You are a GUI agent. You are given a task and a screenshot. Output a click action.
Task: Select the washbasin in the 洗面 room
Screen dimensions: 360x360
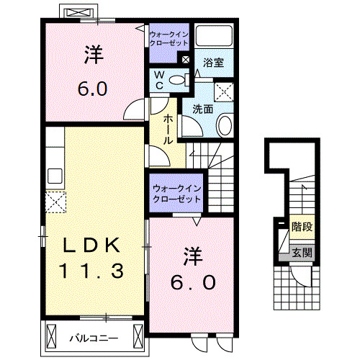coord(224,126)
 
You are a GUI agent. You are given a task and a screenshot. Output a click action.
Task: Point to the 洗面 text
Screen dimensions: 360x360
coord(202,109)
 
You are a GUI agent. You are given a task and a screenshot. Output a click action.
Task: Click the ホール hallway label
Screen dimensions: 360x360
coord(167,130)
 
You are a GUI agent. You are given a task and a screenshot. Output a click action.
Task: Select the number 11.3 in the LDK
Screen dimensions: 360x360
coord(92,271)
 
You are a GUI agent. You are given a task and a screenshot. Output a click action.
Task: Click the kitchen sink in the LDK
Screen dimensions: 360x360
coord(55,176)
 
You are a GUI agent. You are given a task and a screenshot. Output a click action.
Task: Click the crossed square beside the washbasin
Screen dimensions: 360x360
coord(224,91)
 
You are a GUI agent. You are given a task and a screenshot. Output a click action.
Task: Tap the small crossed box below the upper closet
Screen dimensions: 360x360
coord(186,60)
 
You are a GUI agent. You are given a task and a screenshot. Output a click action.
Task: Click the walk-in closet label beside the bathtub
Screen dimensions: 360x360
coord(168,38)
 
